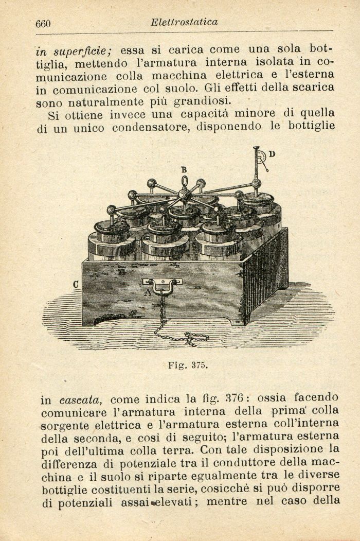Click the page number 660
click(x=42, y=24)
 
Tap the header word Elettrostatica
click(x=184, y=22)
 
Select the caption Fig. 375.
click(x=188, y=365)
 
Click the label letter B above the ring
click(x=184, y=169)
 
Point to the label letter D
click(x=272, y=153)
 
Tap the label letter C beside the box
click(x=76, y=284)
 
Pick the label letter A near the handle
click(x=149, y=293)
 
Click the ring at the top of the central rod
click(x=184, y=182)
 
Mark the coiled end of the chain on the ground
click(x=195, y=338)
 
